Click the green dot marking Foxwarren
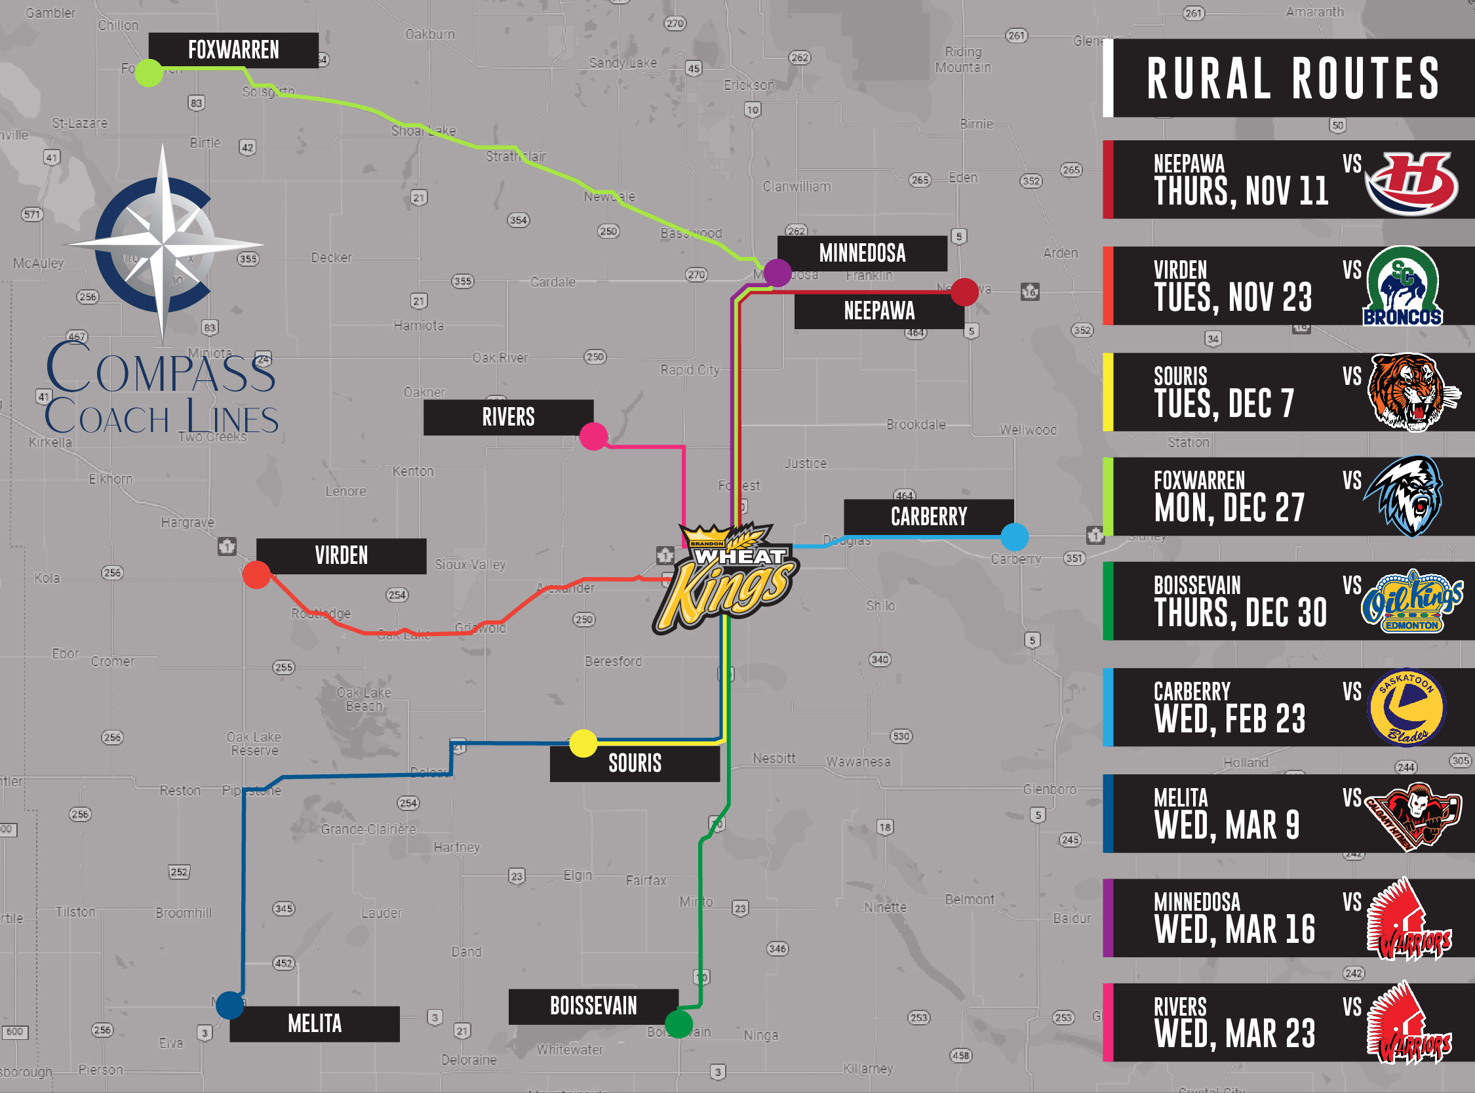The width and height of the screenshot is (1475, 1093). click(x=149, y=73)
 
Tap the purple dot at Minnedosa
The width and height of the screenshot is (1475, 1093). click(x=777, y=273)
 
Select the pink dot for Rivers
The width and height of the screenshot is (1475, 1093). click(x=593, y=436)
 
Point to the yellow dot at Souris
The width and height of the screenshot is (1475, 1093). click(x=583, y=743)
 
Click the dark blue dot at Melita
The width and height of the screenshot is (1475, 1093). click(x=230, y=1005)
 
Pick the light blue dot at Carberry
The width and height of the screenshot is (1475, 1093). click(x=1015, y=536)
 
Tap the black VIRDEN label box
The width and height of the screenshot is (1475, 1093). click(x=341, y=556)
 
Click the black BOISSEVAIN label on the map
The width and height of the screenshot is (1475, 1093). click(x=593, y=1006)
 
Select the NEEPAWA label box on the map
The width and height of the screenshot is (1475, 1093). click(x=879, y=311)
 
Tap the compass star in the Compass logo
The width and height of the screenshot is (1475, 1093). click(x=163, y=243)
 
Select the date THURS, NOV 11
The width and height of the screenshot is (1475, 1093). click(x=1241, y=191)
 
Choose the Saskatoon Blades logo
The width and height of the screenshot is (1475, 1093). click(x=1407, y=707)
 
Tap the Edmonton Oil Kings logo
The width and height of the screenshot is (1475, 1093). click(x=1411, y=601)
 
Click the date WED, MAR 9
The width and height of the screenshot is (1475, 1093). click(x=1227, y=825)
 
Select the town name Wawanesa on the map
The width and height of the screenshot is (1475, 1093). click(x=858, y=761)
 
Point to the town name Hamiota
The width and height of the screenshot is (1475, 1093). click(x=419, y=325)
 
